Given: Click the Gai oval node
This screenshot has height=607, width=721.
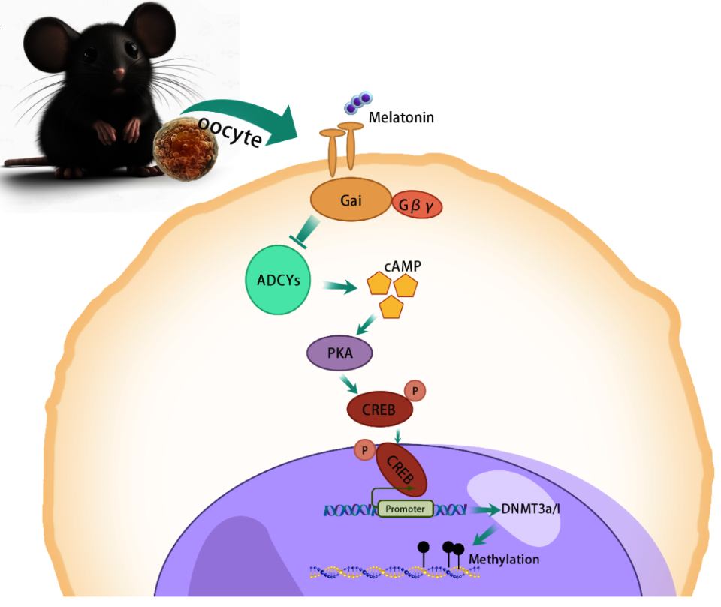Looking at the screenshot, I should tap(349, 200).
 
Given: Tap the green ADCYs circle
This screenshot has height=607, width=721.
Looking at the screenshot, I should tap(277, 279).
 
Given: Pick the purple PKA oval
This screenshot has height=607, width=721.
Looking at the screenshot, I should tap(340, 352).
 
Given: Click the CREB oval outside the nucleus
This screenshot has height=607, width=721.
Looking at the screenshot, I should tap(380, 409).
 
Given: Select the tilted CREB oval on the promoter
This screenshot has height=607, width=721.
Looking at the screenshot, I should tap(401, 470).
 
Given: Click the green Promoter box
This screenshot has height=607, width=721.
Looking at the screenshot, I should tap(406, 509).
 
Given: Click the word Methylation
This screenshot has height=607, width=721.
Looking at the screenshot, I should tap(504, 560).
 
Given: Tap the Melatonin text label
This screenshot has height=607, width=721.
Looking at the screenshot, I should tap(401, 118).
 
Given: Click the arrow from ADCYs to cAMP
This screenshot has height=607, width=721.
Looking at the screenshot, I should tap(339, 286).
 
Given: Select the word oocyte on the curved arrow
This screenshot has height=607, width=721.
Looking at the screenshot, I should tap(231, 131).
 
